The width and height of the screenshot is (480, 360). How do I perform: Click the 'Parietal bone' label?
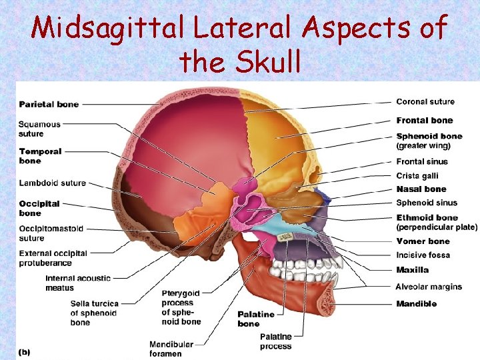[x=49, y=104]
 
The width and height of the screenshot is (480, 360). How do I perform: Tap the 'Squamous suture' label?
[x=39, y=129]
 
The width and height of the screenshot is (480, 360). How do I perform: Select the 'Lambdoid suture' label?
[x=52, y=183]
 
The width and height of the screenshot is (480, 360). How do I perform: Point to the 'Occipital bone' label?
[x=39, y=208]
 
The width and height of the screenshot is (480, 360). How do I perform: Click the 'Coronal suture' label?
[x=425, y=102]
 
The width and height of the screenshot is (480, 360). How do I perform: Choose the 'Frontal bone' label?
[x=424, y=121]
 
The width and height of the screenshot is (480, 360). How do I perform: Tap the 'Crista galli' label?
[x=417, y=175]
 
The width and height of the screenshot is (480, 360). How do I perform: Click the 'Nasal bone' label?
[x=421, y=189]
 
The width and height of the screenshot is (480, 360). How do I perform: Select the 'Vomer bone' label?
[x=423, y=241]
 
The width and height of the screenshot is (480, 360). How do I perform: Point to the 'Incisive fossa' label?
[x=423, y=255]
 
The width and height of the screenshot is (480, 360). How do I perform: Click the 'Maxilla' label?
[x=412, y=270]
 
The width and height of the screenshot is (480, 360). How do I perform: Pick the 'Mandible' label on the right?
[x=416, y=304]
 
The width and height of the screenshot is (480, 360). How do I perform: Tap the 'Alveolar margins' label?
[x=429, y=287]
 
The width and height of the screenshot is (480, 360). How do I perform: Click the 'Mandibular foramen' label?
[x=171, y=349]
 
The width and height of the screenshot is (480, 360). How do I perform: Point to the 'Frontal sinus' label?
[x=422, y=161]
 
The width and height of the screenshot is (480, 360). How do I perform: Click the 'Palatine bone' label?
[x=256, y=319]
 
